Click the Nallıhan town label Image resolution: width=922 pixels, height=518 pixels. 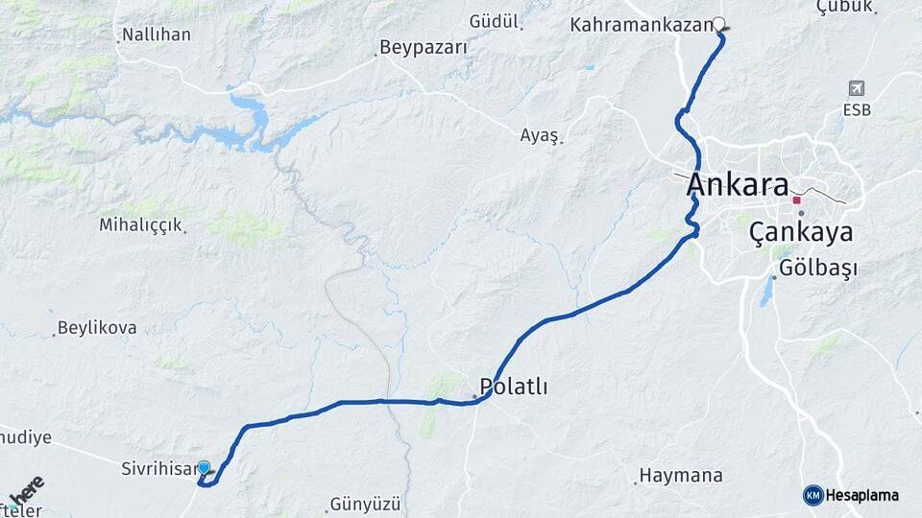click(x=156, y=35)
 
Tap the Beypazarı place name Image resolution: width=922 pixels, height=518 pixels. click(x=424, y=47)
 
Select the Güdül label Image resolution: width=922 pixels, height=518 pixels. click(x=494, y=20)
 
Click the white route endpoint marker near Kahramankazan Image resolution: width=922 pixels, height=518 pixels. click(x=718, y=24)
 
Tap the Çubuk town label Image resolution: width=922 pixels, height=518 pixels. click(x=844, y=7)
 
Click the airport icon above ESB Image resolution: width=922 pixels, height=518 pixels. click(x=857, y=88)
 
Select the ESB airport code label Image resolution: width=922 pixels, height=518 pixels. click(x=858, y=109)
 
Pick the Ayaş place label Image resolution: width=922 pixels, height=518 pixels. click(x=539, y=135)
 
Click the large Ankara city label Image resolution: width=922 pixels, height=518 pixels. click(x=738, y=186)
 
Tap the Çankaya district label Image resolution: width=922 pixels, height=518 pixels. click(x=801, y=231)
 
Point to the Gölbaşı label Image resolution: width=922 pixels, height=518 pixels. click(x=818, y=268)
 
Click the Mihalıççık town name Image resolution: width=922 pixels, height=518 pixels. click(x=141, y=224)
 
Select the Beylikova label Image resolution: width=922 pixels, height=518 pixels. click(x=97, y=327)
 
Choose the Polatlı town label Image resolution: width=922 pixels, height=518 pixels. click(x=515, y=387)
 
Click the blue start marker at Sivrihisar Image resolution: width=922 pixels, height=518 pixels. click(x=204, y=468)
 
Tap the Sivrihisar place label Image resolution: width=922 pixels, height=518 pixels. click(x=158, y=470)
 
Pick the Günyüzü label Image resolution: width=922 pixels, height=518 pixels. click(x=364, y=504)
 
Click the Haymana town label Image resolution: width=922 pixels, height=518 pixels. click(x=680, y=475)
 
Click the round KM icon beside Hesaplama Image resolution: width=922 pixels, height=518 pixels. click(x=813, y=495)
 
